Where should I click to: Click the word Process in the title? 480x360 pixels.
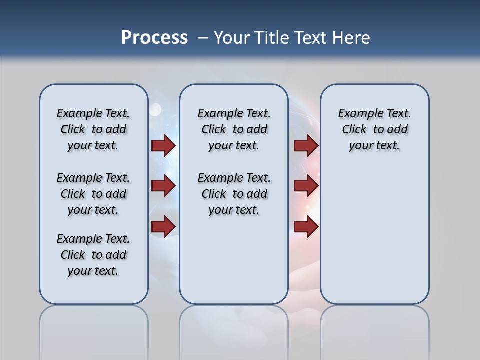pos(154,38)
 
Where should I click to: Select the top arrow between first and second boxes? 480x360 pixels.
pos(163,145)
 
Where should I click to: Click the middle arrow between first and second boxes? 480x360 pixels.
pos(163,186)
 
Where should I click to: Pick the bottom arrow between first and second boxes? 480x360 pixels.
pos(163,226)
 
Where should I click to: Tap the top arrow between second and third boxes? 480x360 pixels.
pos(306,145)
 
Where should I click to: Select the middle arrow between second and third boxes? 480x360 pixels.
pos(306,186)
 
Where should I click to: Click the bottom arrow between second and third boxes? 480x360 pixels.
pos(306,226)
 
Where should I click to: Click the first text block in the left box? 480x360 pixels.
pos(93,129)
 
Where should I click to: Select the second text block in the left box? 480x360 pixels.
pos(93,194)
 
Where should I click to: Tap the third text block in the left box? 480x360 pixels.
pos(93,255)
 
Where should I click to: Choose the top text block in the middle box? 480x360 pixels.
pos(234,129)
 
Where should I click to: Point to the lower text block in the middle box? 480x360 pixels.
pos(234,194)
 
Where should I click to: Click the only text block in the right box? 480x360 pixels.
pos(374,129)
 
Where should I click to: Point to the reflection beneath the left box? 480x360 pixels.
pos(94,330)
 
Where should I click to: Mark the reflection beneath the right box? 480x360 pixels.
pos(375,330)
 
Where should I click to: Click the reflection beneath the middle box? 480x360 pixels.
pos(234,330)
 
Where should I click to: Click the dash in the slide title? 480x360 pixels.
pos(203,38)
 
